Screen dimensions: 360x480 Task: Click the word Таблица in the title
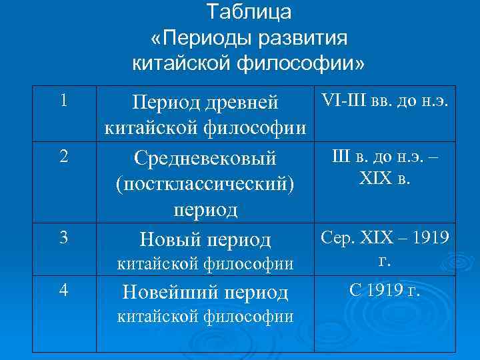[x=249, y=12]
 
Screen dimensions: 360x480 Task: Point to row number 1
[x=63, y=101]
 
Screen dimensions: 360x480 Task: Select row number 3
[x=63, y=237]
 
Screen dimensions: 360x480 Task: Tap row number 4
[x=63, y=291]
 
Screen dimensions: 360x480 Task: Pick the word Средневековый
[x=205, y=159]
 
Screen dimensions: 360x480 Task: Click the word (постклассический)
[x=205, y=183]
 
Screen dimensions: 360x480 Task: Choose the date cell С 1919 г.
[x=385, y=290]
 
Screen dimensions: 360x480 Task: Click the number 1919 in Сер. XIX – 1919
[x=428, y=237]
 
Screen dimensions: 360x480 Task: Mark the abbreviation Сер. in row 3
[x=336, y=237]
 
